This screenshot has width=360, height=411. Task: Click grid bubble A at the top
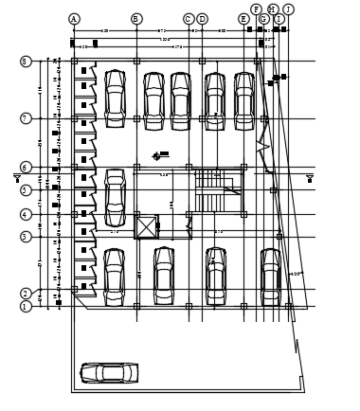74,19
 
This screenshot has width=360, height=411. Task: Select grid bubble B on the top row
136,19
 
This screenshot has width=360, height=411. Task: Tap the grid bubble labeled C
189,19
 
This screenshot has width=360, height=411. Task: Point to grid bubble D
202,19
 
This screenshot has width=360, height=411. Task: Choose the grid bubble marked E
243,19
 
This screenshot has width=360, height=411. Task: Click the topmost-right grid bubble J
288,9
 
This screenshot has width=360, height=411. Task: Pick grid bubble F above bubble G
257,9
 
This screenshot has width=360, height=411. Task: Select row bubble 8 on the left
26,62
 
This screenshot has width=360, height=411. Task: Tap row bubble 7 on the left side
26,118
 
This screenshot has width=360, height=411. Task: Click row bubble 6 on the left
26,167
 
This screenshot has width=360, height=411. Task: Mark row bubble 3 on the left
26,237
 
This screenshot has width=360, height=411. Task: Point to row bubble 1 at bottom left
26,306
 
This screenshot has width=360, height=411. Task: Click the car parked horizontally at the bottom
109,373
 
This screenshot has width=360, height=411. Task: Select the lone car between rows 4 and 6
115,198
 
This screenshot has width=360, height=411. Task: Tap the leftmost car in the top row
115,98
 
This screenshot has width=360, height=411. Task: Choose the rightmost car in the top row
243,99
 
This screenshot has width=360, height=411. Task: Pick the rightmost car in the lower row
271,276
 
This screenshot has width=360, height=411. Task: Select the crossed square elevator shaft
147,227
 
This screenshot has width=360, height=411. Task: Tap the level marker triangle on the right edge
310,177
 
